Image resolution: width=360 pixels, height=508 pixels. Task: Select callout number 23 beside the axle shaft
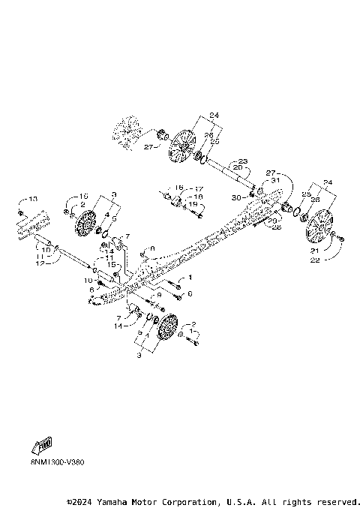[243, 161]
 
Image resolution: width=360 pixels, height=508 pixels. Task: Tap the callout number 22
[314, 260]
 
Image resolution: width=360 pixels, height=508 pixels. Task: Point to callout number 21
[314, 250]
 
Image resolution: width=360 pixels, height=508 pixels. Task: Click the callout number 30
[236, 197]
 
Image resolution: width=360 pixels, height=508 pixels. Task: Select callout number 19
[193, 204]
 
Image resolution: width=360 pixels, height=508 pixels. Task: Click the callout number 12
[40, 263]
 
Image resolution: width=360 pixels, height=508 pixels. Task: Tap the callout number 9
[158, 295]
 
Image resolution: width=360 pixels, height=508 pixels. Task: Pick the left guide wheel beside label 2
[83, 223]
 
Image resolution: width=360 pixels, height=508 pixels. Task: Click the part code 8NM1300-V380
[48, 461]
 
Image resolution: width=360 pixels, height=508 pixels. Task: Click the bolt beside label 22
[341, 239]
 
